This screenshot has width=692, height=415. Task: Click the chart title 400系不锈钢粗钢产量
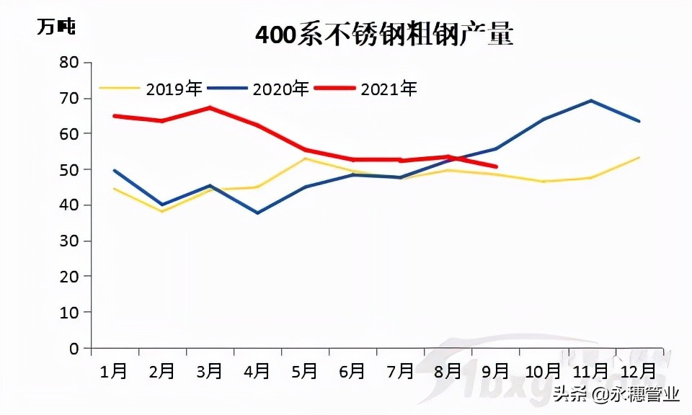(384, 35)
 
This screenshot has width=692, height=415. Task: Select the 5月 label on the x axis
(305, 371)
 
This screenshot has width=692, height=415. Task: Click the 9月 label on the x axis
(495, 371)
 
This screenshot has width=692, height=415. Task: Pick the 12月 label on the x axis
(638, 371)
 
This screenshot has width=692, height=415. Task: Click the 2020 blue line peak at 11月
(591, 101)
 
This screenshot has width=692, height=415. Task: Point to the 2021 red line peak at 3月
(210, 108)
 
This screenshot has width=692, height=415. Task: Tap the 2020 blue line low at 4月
(257, 213)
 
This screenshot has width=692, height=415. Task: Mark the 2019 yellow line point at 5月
(305, 159)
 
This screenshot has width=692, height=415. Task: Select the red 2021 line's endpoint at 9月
(495, 166)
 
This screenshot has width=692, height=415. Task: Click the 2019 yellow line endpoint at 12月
(639, 158)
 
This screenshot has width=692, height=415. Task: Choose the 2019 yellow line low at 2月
(162, 211)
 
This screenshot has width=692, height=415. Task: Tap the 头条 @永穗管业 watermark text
(616, 395)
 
